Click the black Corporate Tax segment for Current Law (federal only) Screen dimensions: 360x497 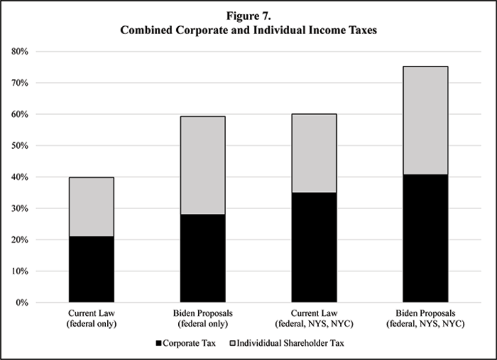(x=92, y=269)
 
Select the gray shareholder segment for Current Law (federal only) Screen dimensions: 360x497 (x=92, y=207)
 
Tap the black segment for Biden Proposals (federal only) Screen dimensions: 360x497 (x=202, y=258)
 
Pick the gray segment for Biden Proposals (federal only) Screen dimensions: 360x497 (x=202, y=165)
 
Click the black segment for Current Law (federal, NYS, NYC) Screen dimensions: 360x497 (x=314, y=247)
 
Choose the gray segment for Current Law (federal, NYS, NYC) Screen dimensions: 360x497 (x=314, y=153)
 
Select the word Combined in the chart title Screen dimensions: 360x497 (x=142, y=30)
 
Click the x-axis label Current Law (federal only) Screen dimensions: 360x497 (x=92, y=318)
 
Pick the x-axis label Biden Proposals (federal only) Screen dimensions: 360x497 (x=202, y=318)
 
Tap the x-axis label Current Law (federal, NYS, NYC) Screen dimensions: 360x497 (x=314, y=318)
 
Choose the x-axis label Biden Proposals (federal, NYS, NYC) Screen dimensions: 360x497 (x=425, y=318)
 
